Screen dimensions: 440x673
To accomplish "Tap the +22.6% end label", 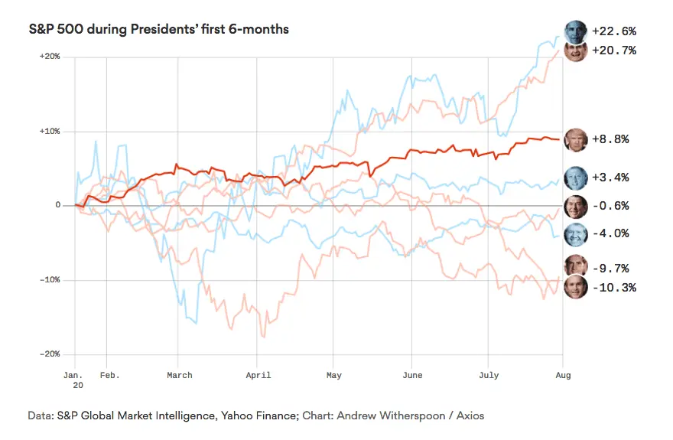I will point(614,31).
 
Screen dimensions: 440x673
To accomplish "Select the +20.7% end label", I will point(614,51).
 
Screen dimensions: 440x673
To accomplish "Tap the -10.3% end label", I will point(613,288).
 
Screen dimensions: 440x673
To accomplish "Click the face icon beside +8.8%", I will point(575,139).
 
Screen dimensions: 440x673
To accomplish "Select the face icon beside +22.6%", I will point(575,31).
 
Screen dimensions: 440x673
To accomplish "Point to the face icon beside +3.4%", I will point(575,178).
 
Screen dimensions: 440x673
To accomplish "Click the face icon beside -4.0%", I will point(575,233).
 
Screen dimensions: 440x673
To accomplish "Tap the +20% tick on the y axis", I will point(50,57).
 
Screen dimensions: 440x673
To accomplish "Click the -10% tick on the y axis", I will point(50,280).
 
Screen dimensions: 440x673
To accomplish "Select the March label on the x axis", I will point(180,375).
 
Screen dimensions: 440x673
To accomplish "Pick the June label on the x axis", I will point(411,375).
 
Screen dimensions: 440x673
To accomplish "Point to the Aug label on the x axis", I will point(563,375).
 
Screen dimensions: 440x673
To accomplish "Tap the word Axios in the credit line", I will point(469,416).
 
